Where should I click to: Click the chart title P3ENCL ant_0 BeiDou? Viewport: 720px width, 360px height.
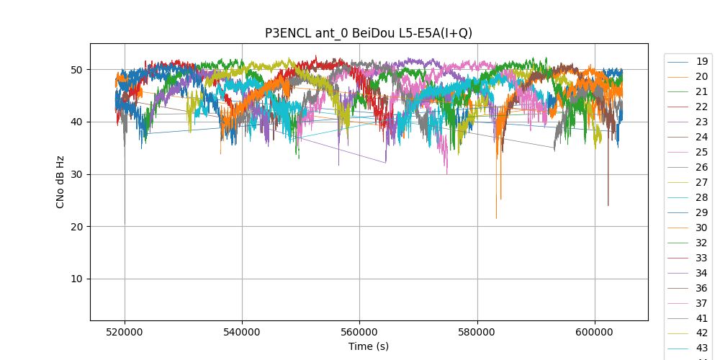(369, 33)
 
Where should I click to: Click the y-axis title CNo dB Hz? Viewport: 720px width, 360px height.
(60, 181)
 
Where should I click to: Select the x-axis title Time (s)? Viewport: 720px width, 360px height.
(369, 346)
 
